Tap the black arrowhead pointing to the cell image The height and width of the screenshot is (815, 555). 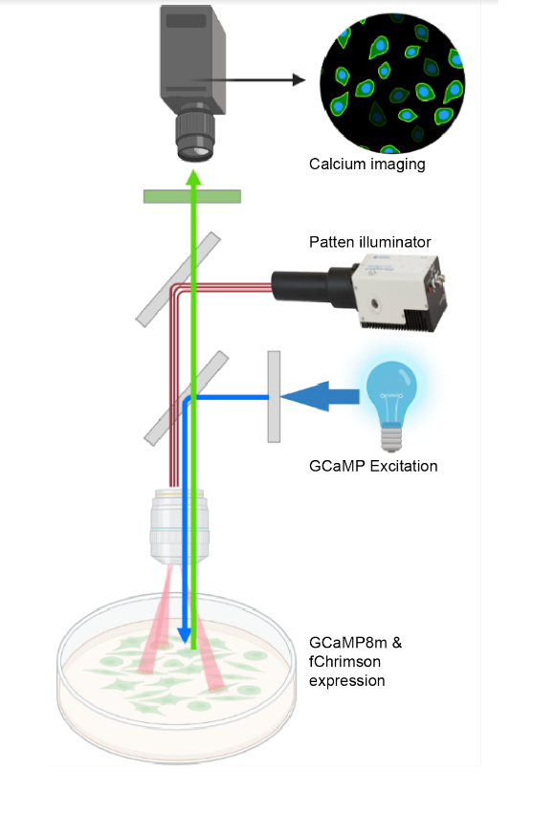click(x=299, y=80)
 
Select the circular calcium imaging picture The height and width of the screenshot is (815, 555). click(x=392, y=83)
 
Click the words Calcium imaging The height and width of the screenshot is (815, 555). click(x=366, y=165)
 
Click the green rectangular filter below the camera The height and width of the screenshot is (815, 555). click(x=192, y=196)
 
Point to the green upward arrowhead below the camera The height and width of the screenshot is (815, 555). click(x=193, y=177)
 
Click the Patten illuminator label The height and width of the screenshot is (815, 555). click(x=369, y=242)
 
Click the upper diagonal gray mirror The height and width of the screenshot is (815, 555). click(x=178, y=279)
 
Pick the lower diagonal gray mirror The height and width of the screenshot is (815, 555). click(x=187, y=398)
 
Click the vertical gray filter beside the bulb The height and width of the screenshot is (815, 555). click(x=274, y=397)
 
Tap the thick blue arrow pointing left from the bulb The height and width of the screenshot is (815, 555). click(x=320, y=397)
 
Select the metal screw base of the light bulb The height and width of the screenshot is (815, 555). click(x=391, y=438)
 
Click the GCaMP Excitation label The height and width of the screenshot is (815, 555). click(x=373, y=466)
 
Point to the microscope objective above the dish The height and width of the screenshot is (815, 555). click(x=179, y=526)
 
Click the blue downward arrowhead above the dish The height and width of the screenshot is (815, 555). click(x=184, y=635)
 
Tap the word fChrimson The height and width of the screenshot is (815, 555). click(x=344, y=662)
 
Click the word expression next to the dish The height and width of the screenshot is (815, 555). click(x=347, y=681)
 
